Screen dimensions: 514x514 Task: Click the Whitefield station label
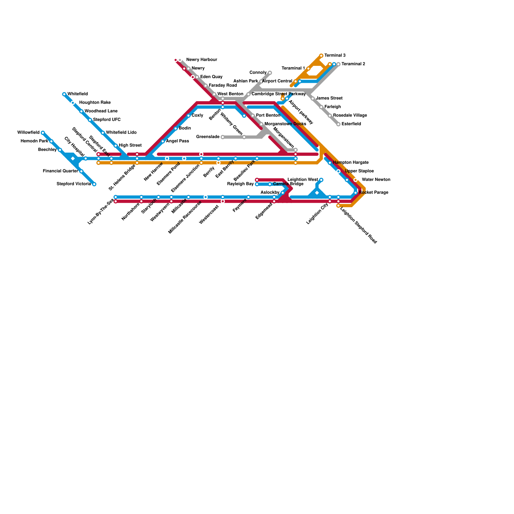tap(77, 94)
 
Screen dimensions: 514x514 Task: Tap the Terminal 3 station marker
tap(321, 56)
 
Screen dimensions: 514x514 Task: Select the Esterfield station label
tap(351, 124)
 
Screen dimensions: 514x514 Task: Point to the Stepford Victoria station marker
tap(94, 184)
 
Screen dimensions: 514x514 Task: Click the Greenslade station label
tap(208, 137)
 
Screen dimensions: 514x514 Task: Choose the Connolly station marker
tap(270, 73)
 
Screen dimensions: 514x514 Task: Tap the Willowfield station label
tap(28, 132)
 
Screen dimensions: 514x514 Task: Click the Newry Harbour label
tap(201, 60)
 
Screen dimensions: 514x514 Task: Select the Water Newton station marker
tap(355, 180)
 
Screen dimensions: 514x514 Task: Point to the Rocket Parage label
tap(373, 193)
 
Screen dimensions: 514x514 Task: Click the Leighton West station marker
tap(321, 180)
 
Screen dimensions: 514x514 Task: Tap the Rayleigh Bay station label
tap(240, 184)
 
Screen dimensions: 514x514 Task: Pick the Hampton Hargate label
tap(350, 163)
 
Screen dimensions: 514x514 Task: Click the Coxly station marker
tap(189, 116)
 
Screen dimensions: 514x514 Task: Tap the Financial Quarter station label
tap(60, 171)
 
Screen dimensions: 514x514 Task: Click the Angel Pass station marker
tap(163, 141)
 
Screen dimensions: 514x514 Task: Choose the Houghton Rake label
tap(95, 102)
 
